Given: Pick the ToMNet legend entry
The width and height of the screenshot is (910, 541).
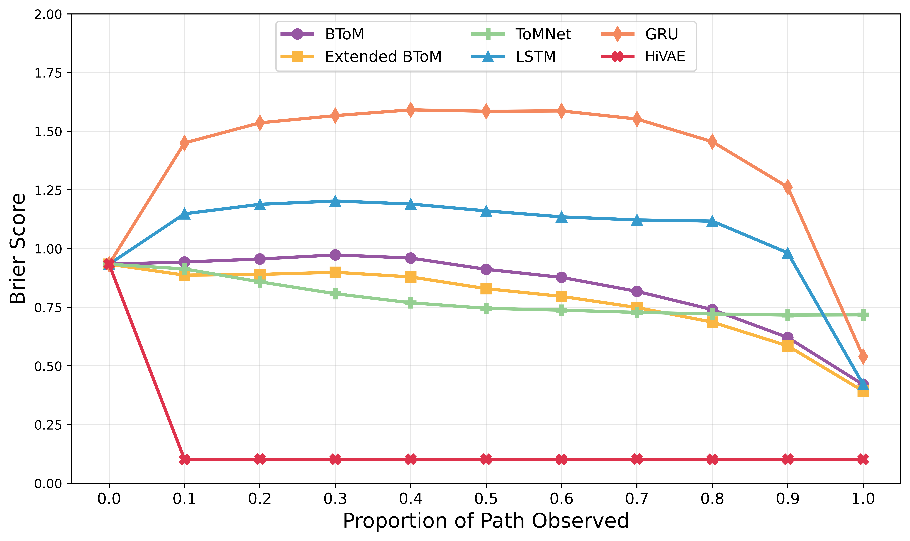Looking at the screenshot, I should click(543, 34).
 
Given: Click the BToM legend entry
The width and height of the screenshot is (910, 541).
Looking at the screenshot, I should click(344, 34).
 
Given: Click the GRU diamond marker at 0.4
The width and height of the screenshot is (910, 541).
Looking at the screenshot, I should click(411, 110).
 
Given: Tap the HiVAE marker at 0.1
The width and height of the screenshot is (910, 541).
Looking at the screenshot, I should click(184, 459).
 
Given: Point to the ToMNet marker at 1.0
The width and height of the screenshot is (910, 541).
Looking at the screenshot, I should click(863, 315).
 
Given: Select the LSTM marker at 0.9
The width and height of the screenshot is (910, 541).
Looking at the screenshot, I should click(788, 253).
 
